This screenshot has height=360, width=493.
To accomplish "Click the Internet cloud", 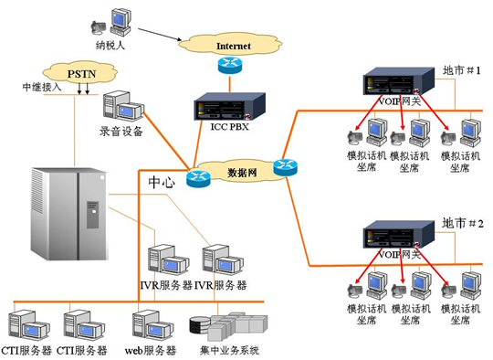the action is pos(230,45).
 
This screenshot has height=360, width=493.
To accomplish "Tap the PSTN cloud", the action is pos(80,73).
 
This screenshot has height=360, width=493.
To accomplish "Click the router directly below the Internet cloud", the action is pos(230,65).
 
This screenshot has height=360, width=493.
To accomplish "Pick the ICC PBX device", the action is pos(229,106).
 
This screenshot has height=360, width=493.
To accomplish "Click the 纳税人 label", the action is pos(110,46).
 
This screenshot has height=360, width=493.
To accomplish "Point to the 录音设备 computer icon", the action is pos(123,106).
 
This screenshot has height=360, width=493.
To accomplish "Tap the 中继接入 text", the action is pos(42,87).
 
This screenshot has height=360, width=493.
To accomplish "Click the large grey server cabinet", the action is pos(68,214).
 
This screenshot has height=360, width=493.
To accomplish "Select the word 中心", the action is pos(162,182).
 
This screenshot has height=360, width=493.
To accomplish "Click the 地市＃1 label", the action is pos(462,70).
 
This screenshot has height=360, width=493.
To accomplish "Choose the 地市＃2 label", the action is pos(463,224).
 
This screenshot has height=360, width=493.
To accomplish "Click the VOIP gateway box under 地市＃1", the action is pos(399,81).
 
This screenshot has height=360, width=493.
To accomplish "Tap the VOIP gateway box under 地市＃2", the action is pos(399,235).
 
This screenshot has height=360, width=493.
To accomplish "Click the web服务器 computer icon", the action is pos(152,326).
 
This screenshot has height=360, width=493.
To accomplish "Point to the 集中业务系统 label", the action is pos(229,350).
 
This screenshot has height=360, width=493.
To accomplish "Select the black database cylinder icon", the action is pos(200,324).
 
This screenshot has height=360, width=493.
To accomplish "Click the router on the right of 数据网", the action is pos(285,167).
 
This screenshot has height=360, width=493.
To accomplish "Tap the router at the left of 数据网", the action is pos(198,179).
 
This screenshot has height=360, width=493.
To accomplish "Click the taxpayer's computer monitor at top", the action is pos(121,18).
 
